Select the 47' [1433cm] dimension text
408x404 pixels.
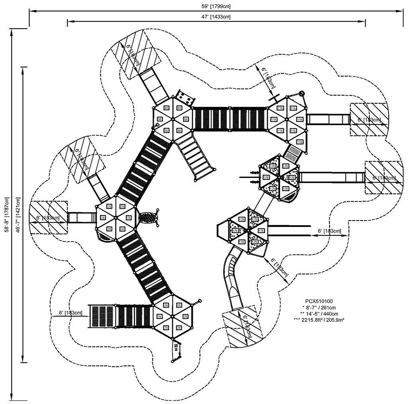[x=216, y=17]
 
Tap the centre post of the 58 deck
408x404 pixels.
[x=116, y=217]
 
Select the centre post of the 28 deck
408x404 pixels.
[x=173, y=316]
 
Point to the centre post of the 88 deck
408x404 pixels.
[x=173, y=118]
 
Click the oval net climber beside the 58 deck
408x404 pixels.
[x=149, y=218]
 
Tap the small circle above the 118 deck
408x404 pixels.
[x=302, y=93]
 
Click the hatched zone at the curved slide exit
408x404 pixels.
[x=242, y=326]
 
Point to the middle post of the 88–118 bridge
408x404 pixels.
[x=230, y=118]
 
